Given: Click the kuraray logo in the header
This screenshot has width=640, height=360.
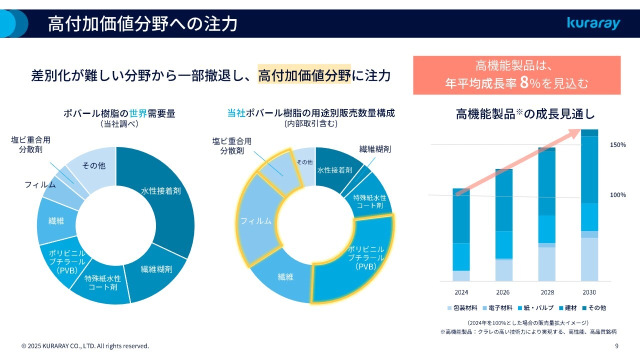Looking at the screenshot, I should click(x=593, y=23).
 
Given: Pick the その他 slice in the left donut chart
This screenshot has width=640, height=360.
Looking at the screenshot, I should click(x=93, y=166).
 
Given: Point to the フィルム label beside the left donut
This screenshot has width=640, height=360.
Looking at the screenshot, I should click(x=40, y=184).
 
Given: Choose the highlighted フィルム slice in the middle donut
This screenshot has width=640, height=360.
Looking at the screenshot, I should click(x=255, y=220).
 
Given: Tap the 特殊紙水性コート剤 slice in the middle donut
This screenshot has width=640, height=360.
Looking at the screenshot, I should click(x=370, y=200).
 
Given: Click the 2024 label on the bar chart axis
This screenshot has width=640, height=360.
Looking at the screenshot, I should click(x=461, y=292).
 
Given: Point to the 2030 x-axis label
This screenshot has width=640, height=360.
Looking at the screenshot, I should click(x=589, y=292).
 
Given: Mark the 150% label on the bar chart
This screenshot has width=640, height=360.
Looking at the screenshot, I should click(x=618, y=145).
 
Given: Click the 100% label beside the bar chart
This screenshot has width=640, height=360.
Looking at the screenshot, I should click(x=618, y=195).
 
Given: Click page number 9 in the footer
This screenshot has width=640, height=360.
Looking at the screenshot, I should click(x=616, y=346).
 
